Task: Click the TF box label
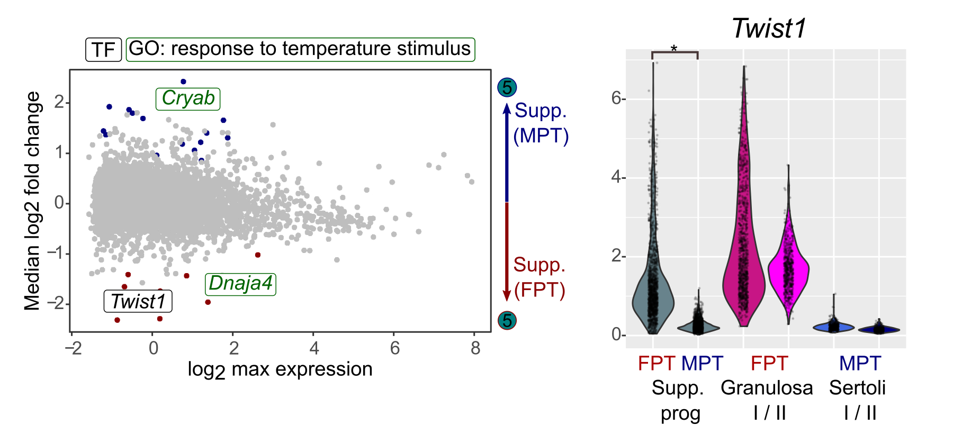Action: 104,50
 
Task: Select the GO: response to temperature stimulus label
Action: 300,49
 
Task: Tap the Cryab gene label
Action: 188,98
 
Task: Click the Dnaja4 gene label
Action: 240,284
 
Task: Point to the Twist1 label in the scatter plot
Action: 138,302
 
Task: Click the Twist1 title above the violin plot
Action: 769,29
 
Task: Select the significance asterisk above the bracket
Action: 674,49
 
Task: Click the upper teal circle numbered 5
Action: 507,87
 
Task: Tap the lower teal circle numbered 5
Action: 507,320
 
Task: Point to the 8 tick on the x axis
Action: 475,348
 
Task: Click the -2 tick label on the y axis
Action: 56,303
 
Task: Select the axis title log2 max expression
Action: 280,369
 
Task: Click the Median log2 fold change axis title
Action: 33,201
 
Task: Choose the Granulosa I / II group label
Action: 767,400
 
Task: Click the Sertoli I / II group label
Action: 858,400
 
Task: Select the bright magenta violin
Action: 789,270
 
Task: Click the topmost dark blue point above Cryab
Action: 183,82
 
